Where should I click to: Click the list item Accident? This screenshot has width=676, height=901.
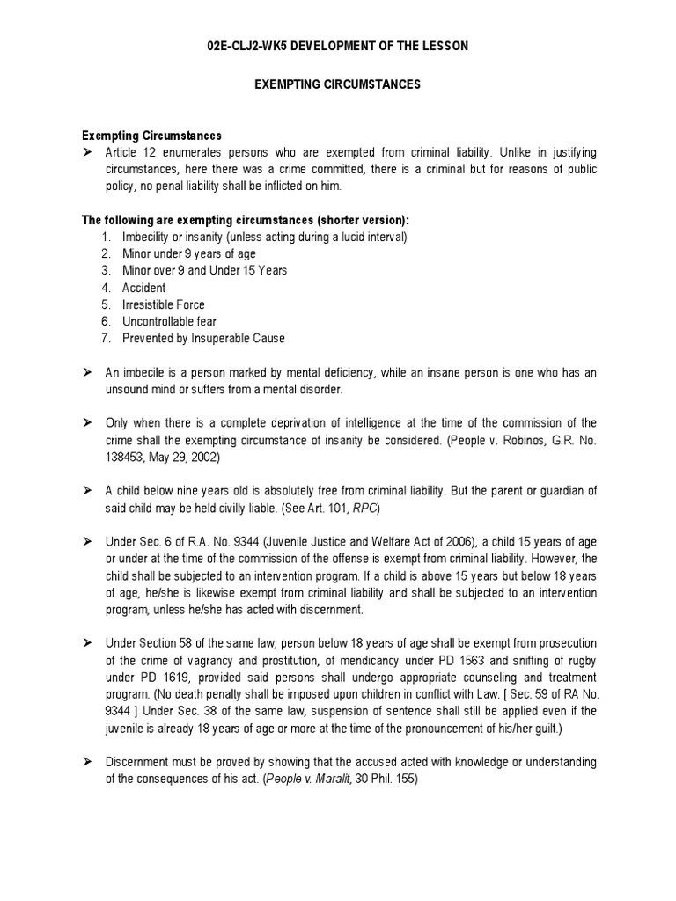[145, 288]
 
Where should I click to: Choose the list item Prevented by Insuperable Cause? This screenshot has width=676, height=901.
[204, 338]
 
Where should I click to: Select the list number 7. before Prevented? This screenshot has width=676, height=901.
[106, 338]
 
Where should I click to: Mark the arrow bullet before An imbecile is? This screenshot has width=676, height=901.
[87, 372]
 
